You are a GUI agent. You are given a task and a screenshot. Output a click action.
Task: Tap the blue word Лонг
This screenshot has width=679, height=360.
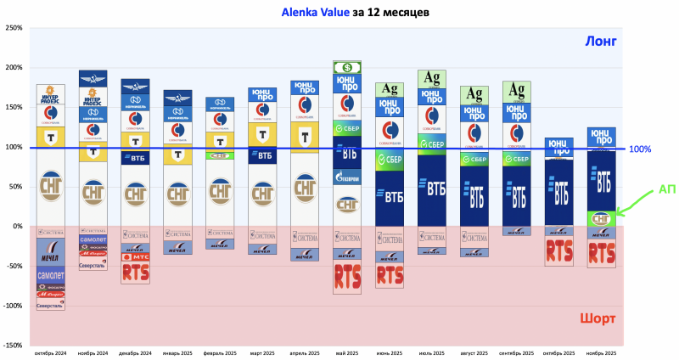[x=599, y=41]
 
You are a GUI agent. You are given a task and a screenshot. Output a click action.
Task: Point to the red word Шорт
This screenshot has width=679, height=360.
[x=598, y=318]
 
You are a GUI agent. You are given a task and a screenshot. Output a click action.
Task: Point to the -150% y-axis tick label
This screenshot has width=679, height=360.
[x=11, y=346]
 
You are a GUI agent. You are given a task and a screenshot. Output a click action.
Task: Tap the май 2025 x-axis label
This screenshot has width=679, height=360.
[x=347, y=352]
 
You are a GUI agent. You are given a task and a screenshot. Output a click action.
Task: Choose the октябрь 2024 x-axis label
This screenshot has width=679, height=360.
[x=51, y=352]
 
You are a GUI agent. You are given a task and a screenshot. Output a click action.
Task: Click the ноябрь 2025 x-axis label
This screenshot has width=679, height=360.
[x=602, y=352]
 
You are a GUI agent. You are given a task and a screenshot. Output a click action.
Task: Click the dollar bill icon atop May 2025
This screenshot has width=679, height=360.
[x=347, y=67]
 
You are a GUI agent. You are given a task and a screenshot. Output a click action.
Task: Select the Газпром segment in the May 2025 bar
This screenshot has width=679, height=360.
[x=347, y=177]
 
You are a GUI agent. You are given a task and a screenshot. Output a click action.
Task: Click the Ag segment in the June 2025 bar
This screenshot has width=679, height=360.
[x=390, y=89]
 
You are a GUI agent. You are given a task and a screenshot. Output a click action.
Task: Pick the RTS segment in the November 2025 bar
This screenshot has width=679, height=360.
[x=602, y=253]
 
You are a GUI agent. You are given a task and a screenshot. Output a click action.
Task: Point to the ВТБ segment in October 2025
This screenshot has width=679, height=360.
[x=558, y=191]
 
